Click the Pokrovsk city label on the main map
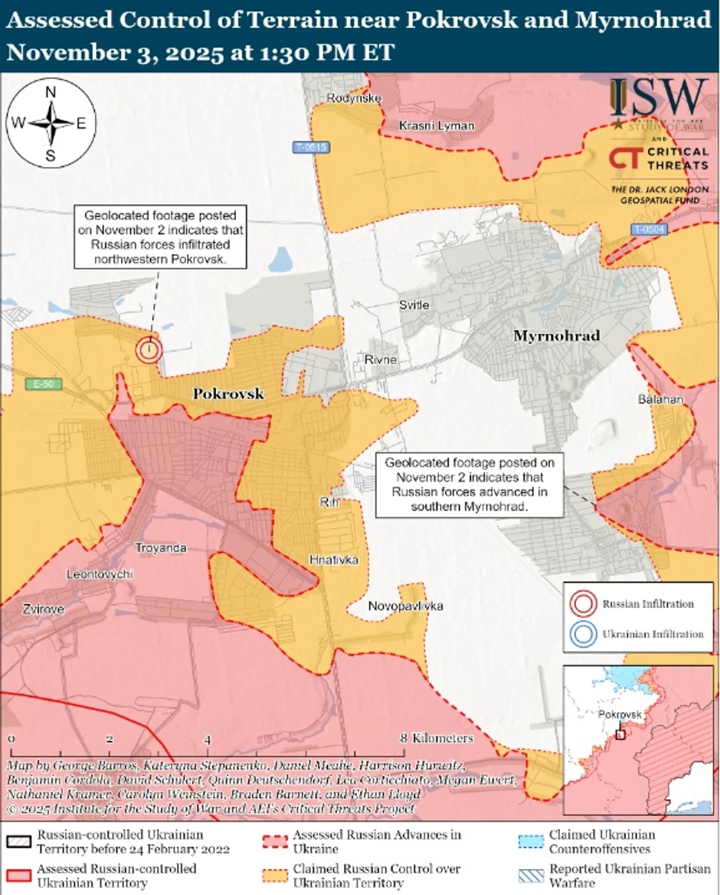227,394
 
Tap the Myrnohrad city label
556,335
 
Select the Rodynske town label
354,98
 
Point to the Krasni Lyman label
437,125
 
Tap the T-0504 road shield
649,229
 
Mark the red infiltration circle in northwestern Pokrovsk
149,350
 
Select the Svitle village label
414,305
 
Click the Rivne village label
381,359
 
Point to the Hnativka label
334,560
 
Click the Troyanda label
161,548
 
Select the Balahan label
656,399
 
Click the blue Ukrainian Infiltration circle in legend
583,633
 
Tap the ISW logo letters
659,96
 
